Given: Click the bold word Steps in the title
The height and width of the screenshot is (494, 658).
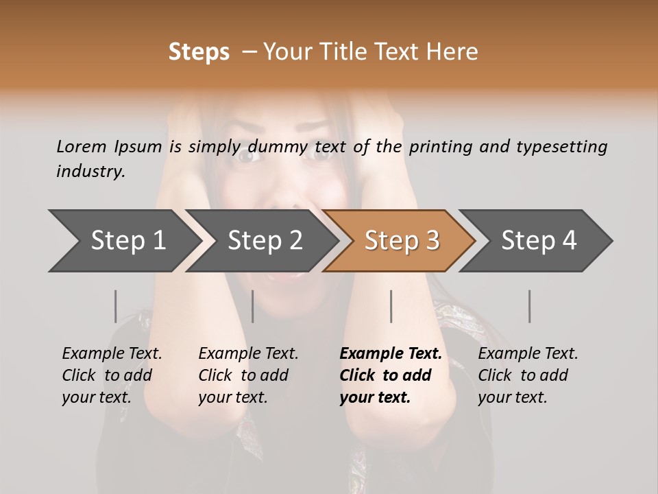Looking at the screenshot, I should click(199, 52).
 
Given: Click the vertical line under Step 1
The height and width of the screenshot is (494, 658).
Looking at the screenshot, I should click(116, 306).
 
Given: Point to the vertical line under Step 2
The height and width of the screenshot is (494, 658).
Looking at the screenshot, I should click(253, 306).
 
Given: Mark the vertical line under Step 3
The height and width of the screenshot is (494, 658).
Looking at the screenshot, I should click(391, 306).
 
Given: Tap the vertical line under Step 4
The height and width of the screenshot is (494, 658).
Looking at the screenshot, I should click(530, 306).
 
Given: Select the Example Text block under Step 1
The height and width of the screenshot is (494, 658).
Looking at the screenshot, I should click(112, 375).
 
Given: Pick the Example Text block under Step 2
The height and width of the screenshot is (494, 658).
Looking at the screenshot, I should click(248, 375).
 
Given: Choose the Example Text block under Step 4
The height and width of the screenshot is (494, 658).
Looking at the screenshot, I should click(528, 375).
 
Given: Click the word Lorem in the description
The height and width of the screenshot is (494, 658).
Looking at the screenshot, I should click(81, 146).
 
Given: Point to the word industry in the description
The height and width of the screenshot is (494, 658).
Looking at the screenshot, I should click(90, 172).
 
